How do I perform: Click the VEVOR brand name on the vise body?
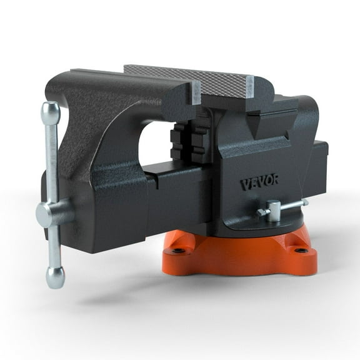coord(259,184)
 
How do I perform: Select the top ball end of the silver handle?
coord(51,112)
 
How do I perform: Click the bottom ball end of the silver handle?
coord(56,277)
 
